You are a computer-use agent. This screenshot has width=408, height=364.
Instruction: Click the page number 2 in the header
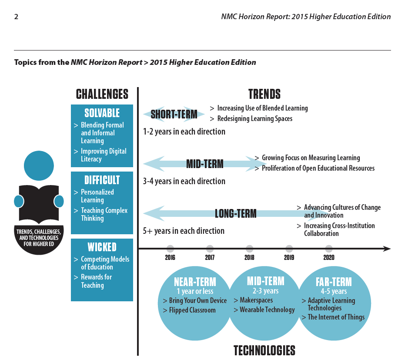coord(16,17)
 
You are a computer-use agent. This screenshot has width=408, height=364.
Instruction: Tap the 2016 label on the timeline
coord(170,257)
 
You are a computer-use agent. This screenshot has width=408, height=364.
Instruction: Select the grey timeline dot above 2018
coord(249,249)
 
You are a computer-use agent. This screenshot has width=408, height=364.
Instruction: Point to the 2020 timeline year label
coord(329,257)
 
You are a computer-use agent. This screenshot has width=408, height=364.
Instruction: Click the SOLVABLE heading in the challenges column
coord(102,113)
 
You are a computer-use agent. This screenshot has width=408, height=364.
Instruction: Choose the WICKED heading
coord(102,247)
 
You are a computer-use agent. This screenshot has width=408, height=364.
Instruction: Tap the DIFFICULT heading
coord(102,180)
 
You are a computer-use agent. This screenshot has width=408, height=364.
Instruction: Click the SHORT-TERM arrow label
coord(174,115)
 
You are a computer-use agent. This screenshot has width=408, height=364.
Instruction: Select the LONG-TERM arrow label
coord(235,214)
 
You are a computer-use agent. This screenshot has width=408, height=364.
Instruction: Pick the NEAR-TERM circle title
coord(194,281)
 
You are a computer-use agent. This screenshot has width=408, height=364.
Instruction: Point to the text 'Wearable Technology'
coord(267,310)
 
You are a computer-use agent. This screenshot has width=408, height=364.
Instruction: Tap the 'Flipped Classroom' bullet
coord(189,310)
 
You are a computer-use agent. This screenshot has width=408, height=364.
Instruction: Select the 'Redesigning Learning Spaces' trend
coord(254,118)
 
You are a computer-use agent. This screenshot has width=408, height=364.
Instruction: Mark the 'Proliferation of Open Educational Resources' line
coord(318,168)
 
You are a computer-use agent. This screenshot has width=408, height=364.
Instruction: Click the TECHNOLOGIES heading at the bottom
coord(264,351)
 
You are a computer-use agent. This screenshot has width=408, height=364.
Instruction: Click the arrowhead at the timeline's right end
coord(387,249)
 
